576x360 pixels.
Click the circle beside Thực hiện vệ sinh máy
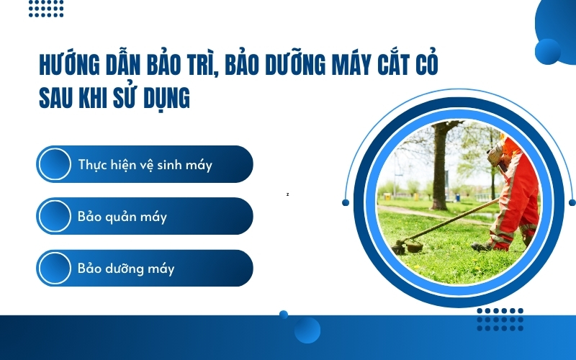pyautogui.click(x=55, y=164)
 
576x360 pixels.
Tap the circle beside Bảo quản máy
pyautogui.click(x=55, y=216)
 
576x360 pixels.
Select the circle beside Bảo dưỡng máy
pyautogui.click(x=55, y=269)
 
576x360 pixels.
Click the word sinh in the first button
pyautogui.click(x=169, y=165)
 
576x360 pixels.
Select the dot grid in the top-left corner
pyautogui.click(x=46, y=8)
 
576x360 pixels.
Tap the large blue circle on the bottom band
pyautogui.click(x=307, y=330)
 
